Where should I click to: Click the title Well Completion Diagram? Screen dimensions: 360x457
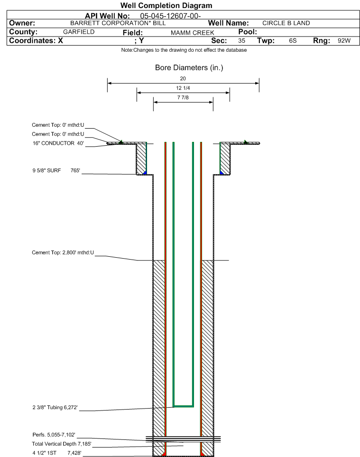[166, 6]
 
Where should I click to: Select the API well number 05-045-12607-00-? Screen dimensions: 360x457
[170, 16]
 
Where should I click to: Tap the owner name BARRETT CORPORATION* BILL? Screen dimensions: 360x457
[118, 23]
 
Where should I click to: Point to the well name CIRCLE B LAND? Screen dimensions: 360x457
[286, 23]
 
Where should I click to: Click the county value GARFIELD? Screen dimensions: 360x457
[79, 32]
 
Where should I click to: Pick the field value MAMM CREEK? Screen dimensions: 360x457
[192, 33]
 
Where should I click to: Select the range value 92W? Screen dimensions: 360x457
[344, 40]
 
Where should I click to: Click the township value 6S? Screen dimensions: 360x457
[293, 40]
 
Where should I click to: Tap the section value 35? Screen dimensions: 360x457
[241, 40]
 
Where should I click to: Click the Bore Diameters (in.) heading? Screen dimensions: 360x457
[189, 67]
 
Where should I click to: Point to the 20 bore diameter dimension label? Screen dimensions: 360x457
[183, 78]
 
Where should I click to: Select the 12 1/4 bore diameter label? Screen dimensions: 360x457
[183, 88]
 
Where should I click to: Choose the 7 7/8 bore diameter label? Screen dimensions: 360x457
[183, 97]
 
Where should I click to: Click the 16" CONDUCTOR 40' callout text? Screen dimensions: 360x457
[58, 143]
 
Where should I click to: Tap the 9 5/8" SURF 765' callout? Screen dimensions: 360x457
[56, 170]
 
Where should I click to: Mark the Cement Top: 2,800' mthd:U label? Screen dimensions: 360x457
[63, 252]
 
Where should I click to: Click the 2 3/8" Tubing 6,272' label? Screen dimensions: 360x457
[55, 407]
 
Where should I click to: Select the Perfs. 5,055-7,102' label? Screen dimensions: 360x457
[54, 435]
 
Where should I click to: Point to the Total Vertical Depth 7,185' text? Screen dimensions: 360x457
[62, 444]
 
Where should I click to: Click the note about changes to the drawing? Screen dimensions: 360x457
[184, 50]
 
